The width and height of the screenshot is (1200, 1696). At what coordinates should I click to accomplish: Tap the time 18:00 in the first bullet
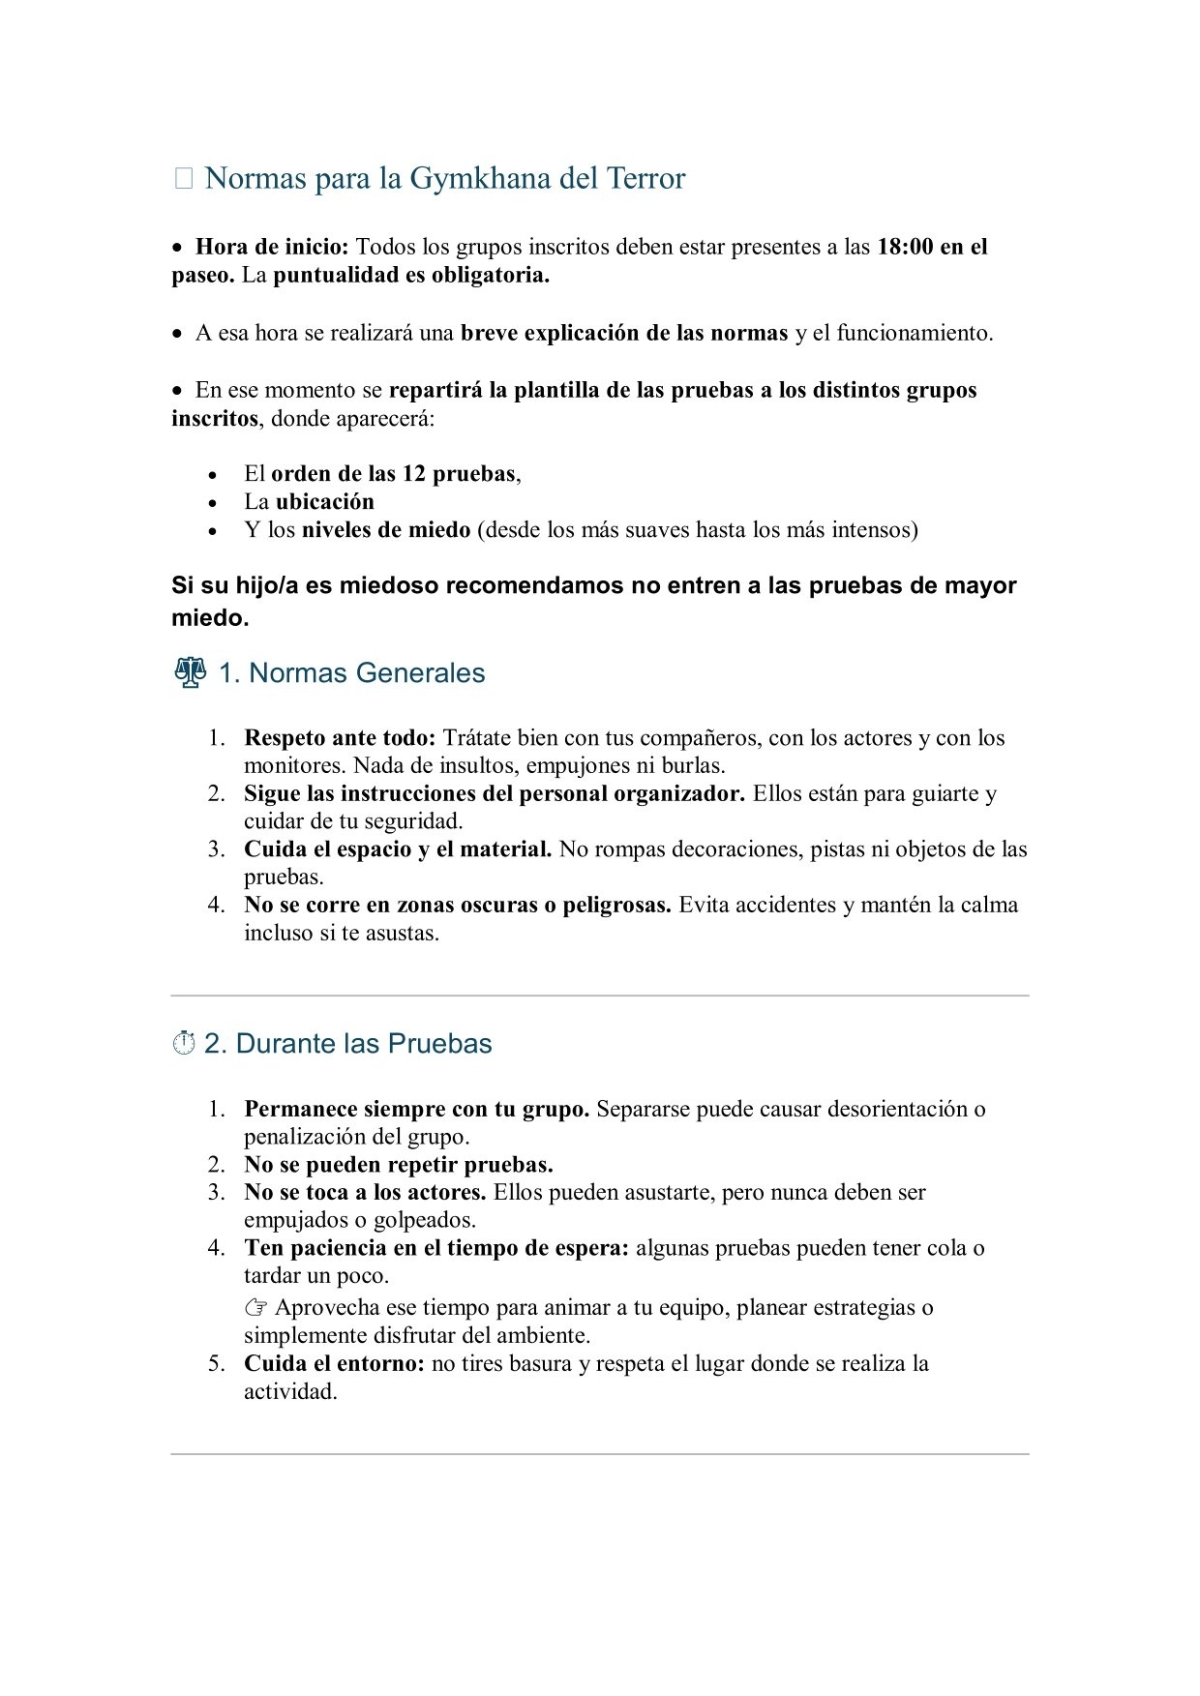[x=905, y=247]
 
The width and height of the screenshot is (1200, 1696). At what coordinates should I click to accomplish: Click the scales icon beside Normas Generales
[x=190, y=672]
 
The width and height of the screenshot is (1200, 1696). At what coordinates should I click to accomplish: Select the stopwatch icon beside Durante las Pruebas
[x=184, y=1044]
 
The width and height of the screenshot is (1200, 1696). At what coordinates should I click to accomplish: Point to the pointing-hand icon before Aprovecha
[x=255, y=1308]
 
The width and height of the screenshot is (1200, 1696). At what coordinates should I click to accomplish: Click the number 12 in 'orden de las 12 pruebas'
[x=414, y=474]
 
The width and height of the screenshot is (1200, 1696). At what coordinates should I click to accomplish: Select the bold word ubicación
[x=324, y=502]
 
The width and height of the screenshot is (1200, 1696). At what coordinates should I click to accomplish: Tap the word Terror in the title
[x=645, y=179]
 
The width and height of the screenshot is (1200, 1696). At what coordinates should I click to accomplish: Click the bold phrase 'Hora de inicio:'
[x=272, y=247]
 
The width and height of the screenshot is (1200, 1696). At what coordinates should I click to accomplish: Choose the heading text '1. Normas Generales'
[x=351, y=673]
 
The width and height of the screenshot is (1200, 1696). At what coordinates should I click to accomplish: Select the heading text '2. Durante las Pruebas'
[x=347, y=1044]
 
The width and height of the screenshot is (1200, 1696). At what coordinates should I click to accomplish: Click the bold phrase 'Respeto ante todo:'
[x=340, y=738]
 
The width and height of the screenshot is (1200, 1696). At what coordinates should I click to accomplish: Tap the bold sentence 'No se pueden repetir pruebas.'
[x=398, y=1165]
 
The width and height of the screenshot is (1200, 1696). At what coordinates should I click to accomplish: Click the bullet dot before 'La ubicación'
[x=213, y=503]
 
